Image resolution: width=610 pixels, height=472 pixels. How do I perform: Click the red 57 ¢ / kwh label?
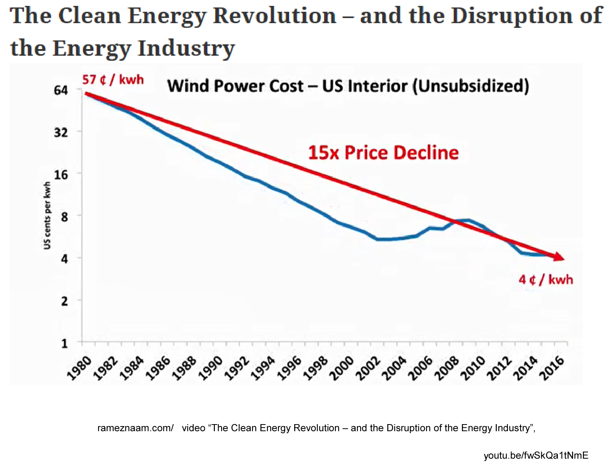coord(113,80)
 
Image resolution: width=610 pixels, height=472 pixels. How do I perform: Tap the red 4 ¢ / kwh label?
coord(546,280)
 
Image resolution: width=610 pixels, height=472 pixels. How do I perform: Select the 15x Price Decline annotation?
coord(383,153)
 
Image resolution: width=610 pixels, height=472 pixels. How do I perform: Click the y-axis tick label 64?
coord(61,90)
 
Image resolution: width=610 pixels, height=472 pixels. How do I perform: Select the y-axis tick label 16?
coord(61,175)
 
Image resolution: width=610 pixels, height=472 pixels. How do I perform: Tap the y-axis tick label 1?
coord(64,344)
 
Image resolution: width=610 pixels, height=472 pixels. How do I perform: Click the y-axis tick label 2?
coord(64,301)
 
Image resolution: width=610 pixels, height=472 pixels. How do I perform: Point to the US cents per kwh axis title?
coord(47,215)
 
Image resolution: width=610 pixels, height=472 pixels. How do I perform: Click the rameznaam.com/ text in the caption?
coord(135,428)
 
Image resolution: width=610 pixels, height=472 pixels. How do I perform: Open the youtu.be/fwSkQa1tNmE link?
coord(536,456)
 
